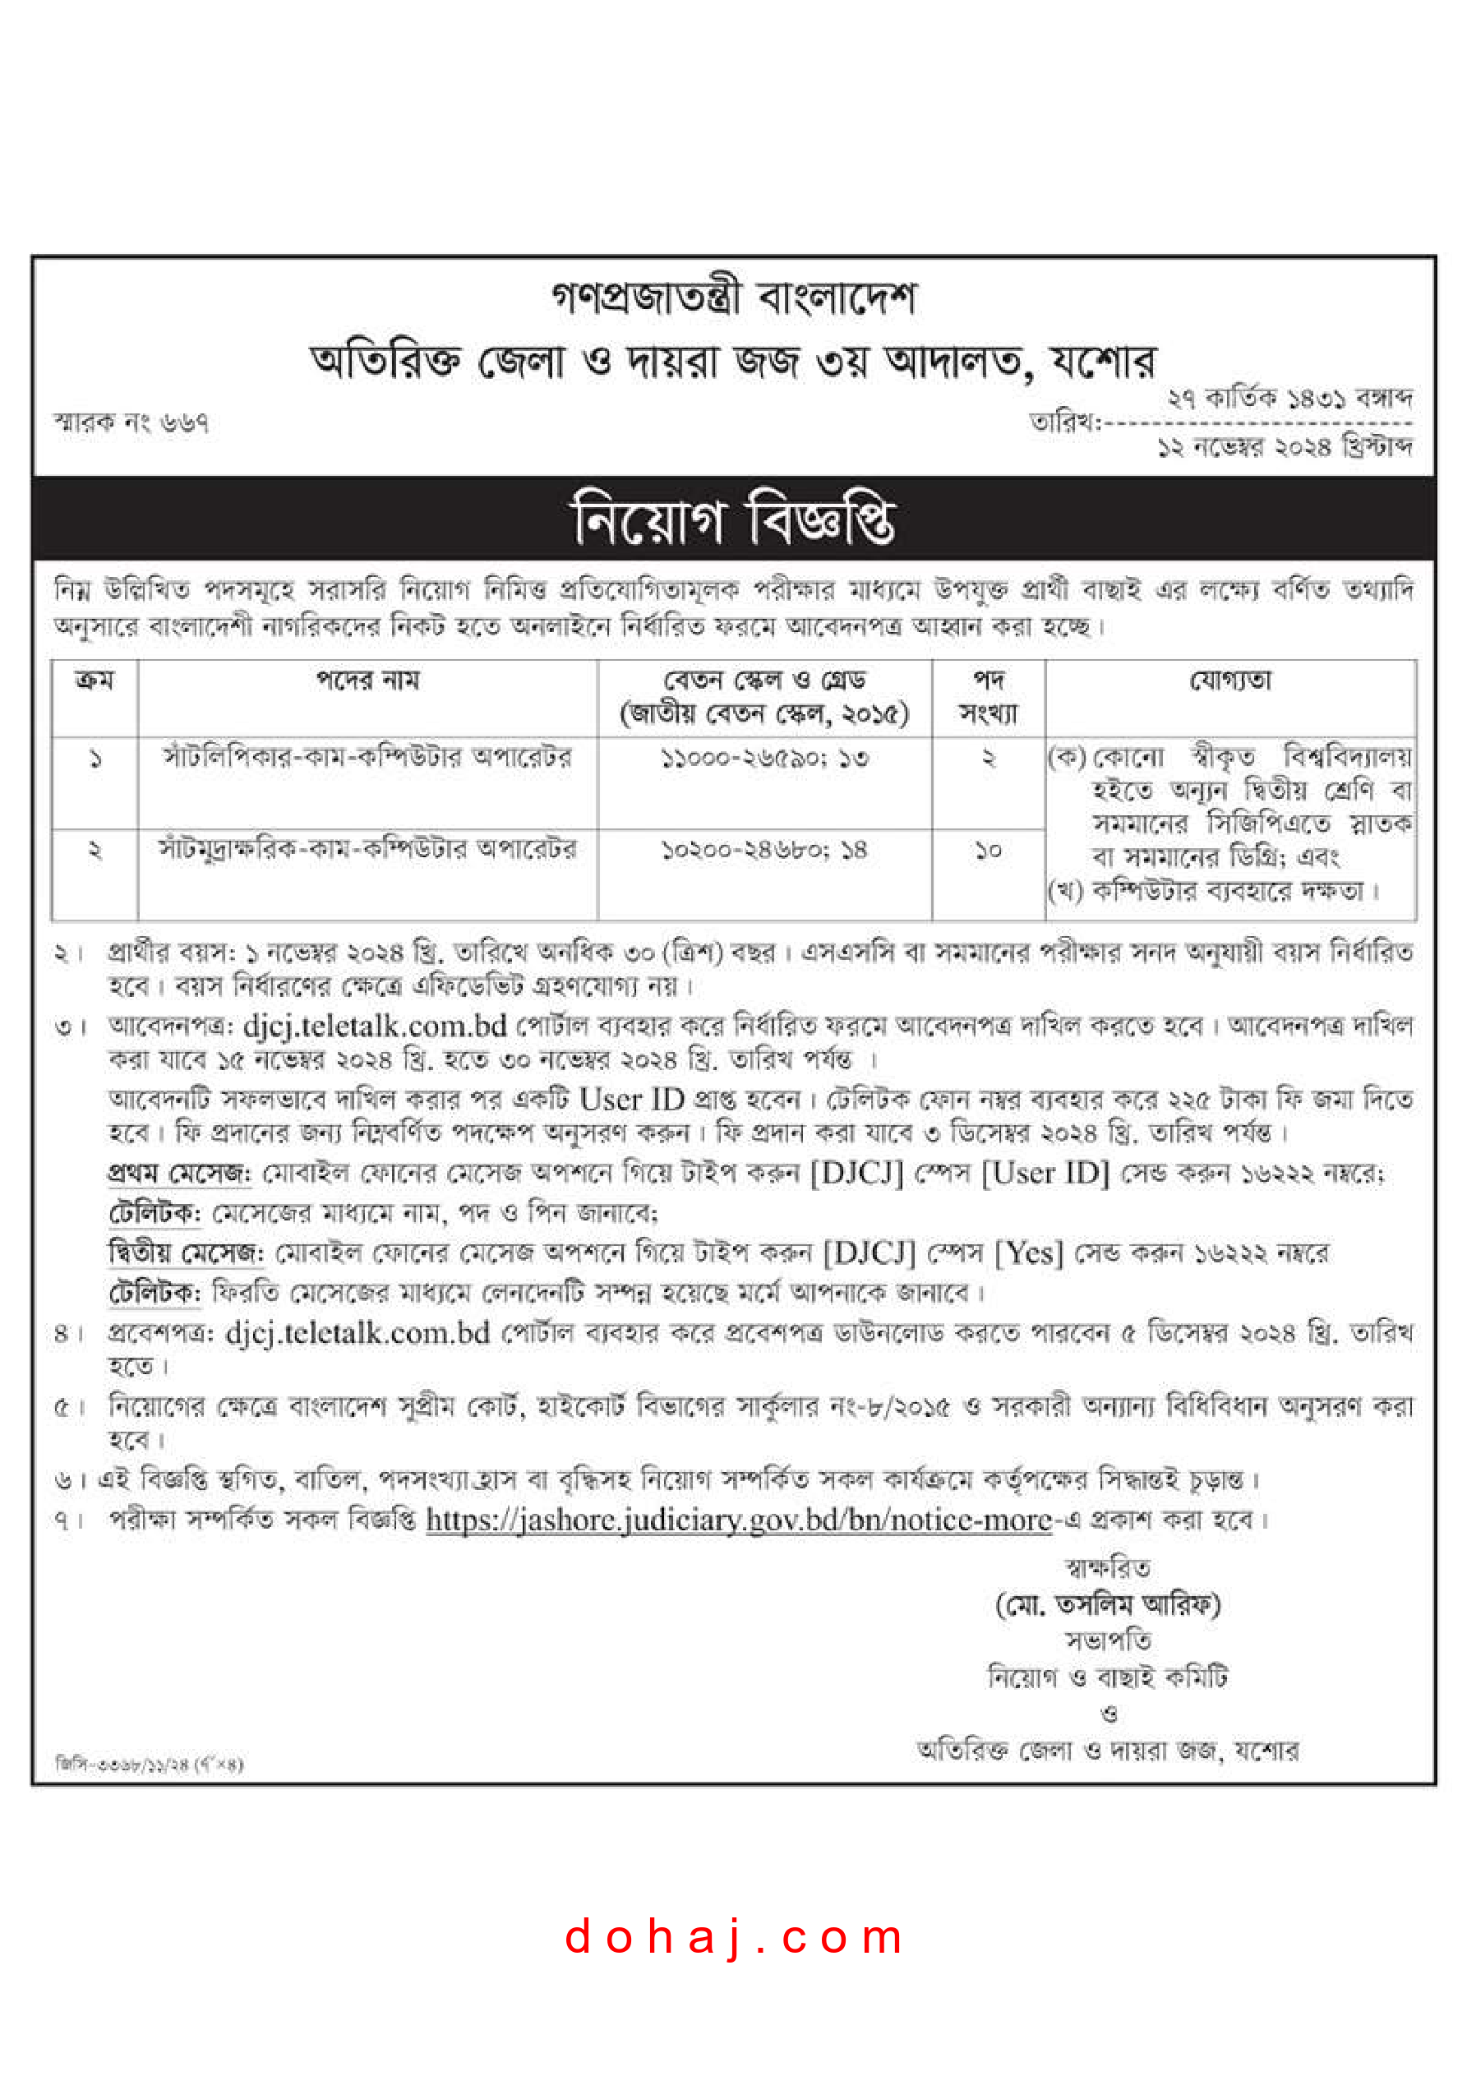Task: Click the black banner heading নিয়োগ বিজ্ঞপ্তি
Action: (733, 519)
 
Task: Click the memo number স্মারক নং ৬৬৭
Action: (132, 422)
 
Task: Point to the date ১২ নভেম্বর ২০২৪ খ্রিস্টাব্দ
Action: (1285, 445)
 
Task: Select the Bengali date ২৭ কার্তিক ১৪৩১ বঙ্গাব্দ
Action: (1288, 398)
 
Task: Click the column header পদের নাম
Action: (367, 680)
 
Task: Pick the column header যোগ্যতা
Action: (1230, 680)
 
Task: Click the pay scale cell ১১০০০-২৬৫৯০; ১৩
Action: (764, 758)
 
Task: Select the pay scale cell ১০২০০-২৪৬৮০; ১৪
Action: (764, 850)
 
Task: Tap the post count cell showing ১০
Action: (988, 850)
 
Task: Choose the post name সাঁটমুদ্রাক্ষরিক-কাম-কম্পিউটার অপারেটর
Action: (367, 849)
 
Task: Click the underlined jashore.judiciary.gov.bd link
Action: (739, 1520)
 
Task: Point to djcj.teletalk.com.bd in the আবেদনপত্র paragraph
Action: (375, 1026)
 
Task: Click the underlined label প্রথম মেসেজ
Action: (179, 1173)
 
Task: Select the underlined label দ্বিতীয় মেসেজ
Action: (186, 1253)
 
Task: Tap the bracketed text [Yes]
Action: (1028, 1253)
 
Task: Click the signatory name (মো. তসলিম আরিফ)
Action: (1108, 1605)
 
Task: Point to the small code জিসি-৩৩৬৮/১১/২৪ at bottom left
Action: (150, 1763)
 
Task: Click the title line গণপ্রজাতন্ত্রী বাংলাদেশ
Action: (733, 298)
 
